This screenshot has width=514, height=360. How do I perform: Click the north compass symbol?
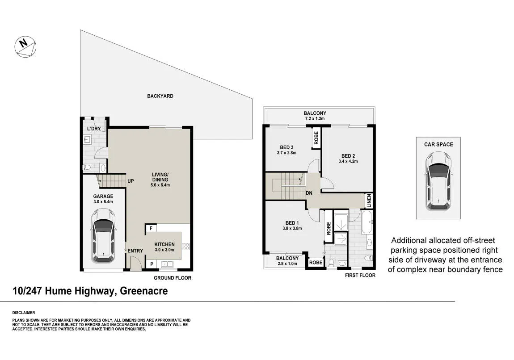click(25, 47)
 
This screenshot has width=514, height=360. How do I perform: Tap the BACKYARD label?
click(160, 96)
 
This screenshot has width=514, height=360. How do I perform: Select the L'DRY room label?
click(94, 129)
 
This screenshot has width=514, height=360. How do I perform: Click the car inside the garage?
click(103, 236)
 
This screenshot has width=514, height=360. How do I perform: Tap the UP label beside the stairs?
click(131, 181)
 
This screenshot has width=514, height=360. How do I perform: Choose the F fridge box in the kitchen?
click(151, 228)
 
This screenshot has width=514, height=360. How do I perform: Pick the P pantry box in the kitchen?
click(152, 264)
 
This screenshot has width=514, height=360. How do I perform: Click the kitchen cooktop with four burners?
click(185, 247)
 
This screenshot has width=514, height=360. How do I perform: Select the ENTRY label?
click(135, 251)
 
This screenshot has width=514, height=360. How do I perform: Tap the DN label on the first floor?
click(309, 193)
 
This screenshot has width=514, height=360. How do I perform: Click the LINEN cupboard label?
click(369, 201)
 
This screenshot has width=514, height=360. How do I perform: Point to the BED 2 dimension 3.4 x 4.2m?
click(348, 162)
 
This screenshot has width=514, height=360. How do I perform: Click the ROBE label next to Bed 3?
click(316, 138)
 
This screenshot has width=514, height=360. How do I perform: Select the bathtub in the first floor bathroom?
click(367, 222)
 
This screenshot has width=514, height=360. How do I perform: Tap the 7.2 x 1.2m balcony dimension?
click(315, 118)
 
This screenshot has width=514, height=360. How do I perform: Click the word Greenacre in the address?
click(144, 291)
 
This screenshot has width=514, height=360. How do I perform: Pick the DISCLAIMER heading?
click(24, 313)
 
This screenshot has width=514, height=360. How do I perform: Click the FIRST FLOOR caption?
click(360, 276)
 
